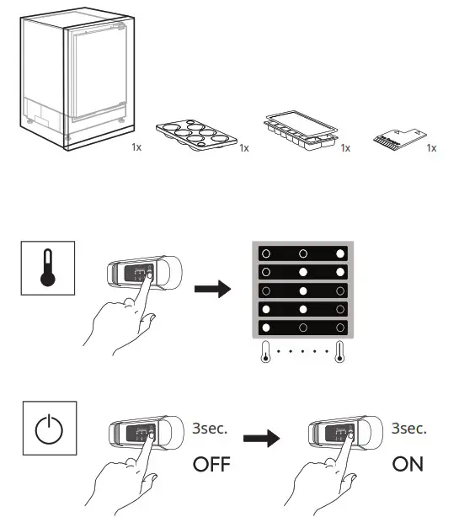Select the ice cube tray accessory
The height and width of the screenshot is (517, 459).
coord(300,128)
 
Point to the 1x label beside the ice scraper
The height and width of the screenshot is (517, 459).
coord(431,148)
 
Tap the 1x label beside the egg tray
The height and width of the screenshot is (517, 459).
coord(244,148)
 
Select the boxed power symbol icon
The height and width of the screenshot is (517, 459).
coord(47,427)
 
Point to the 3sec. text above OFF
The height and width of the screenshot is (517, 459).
coord(211,428)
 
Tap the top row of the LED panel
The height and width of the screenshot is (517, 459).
coord(302,253)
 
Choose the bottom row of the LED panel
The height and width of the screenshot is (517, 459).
coord(302,327)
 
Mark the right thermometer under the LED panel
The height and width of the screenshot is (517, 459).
coord(340,351)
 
